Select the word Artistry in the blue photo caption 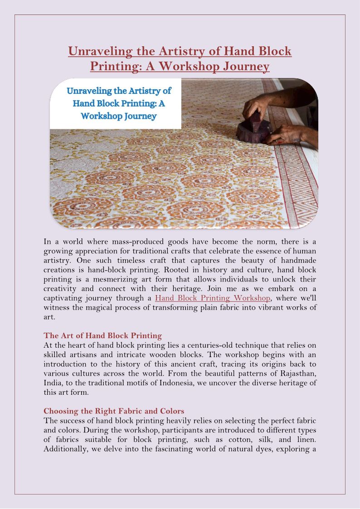(x=137, y=90)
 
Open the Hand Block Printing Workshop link (x=213, y=298)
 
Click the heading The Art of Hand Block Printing (x=102, y=336)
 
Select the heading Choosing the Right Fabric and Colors (x=114, y=411)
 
